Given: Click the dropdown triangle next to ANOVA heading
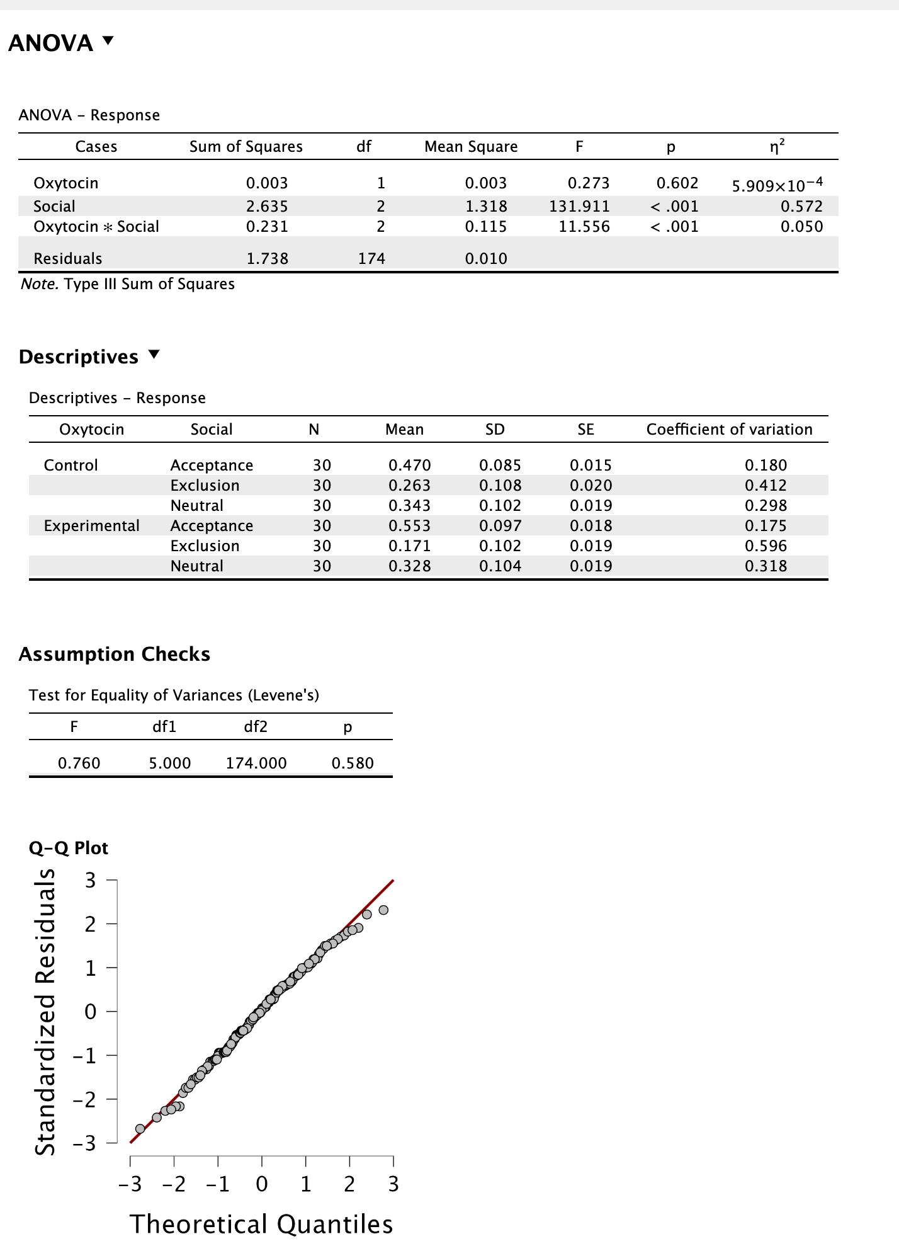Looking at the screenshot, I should (108, 41).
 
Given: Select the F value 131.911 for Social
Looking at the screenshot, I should (579, 206).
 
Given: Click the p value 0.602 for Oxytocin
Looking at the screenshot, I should (677, 183).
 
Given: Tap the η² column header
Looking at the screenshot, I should (777, 146).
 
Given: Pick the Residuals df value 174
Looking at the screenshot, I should (371, 258).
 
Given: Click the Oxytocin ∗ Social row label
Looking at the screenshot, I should (96, 226).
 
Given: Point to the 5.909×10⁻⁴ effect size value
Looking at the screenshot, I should (777, 185).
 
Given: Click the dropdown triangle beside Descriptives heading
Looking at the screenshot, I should (154, 355).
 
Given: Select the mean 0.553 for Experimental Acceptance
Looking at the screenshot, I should (409, 525).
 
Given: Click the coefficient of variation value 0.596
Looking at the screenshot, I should (766, 546).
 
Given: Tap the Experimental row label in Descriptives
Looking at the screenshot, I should (92, 525).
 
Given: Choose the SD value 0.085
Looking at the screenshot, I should (500, 465).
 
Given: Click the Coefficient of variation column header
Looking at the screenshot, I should (729, 429).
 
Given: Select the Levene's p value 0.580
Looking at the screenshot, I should (353, 763).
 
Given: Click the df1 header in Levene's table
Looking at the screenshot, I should (164, 726).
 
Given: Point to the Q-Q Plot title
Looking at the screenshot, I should (69, 848).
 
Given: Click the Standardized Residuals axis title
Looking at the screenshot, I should (45, 1011).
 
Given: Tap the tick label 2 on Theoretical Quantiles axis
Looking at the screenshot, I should (349, 1184).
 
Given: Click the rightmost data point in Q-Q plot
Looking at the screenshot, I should (383, 910).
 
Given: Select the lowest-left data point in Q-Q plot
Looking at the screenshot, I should (140, 1128).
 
